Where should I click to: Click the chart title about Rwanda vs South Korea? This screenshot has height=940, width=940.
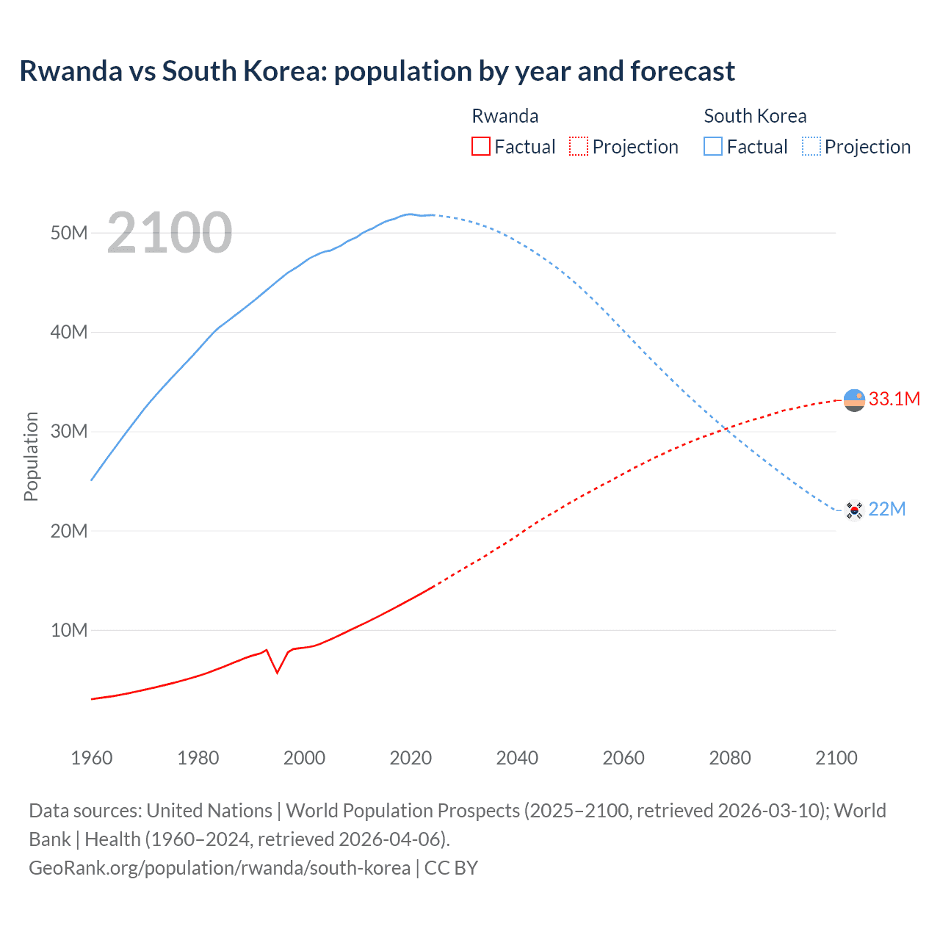(377, 71)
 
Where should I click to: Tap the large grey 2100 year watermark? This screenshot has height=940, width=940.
(170, 233)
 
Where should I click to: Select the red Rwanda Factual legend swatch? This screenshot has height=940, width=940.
(480, 146)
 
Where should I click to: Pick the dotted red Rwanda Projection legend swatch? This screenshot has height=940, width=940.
(579, 146)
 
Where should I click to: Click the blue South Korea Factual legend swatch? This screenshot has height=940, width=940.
(713, 146)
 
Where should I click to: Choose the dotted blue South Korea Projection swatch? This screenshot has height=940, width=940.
(811, 146)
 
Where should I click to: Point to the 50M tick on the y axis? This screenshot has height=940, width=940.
(69, 233)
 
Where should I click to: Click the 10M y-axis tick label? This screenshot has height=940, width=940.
(69, 630)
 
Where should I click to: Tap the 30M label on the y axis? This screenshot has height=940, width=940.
(69, 431)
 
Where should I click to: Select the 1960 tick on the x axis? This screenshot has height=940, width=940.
(92, 758)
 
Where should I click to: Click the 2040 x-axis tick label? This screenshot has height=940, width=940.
(517, 758)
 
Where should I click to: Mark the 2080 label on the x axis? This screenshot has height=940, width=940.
(730, 758)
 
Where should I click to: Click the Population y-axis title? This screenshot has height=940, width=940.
(31, 456)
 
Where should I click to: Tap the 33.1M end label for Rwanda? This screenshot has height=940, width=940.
(894, 399)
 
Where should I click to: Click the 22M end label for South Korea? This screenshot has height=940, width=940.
(886, 509)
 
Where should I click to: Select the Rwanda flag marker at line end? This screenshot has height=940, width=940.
(854, 400)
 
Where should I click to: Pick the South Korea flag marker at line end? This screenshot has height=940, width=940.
(854, 510)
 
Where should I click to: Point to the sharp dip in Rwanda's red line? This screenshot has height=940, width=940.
(277, 672)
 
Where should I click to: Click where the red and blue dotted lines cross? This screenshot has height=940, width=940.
(724, 429)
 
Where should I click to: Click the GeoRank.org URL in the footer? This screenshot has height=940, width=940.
(220, 867)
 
